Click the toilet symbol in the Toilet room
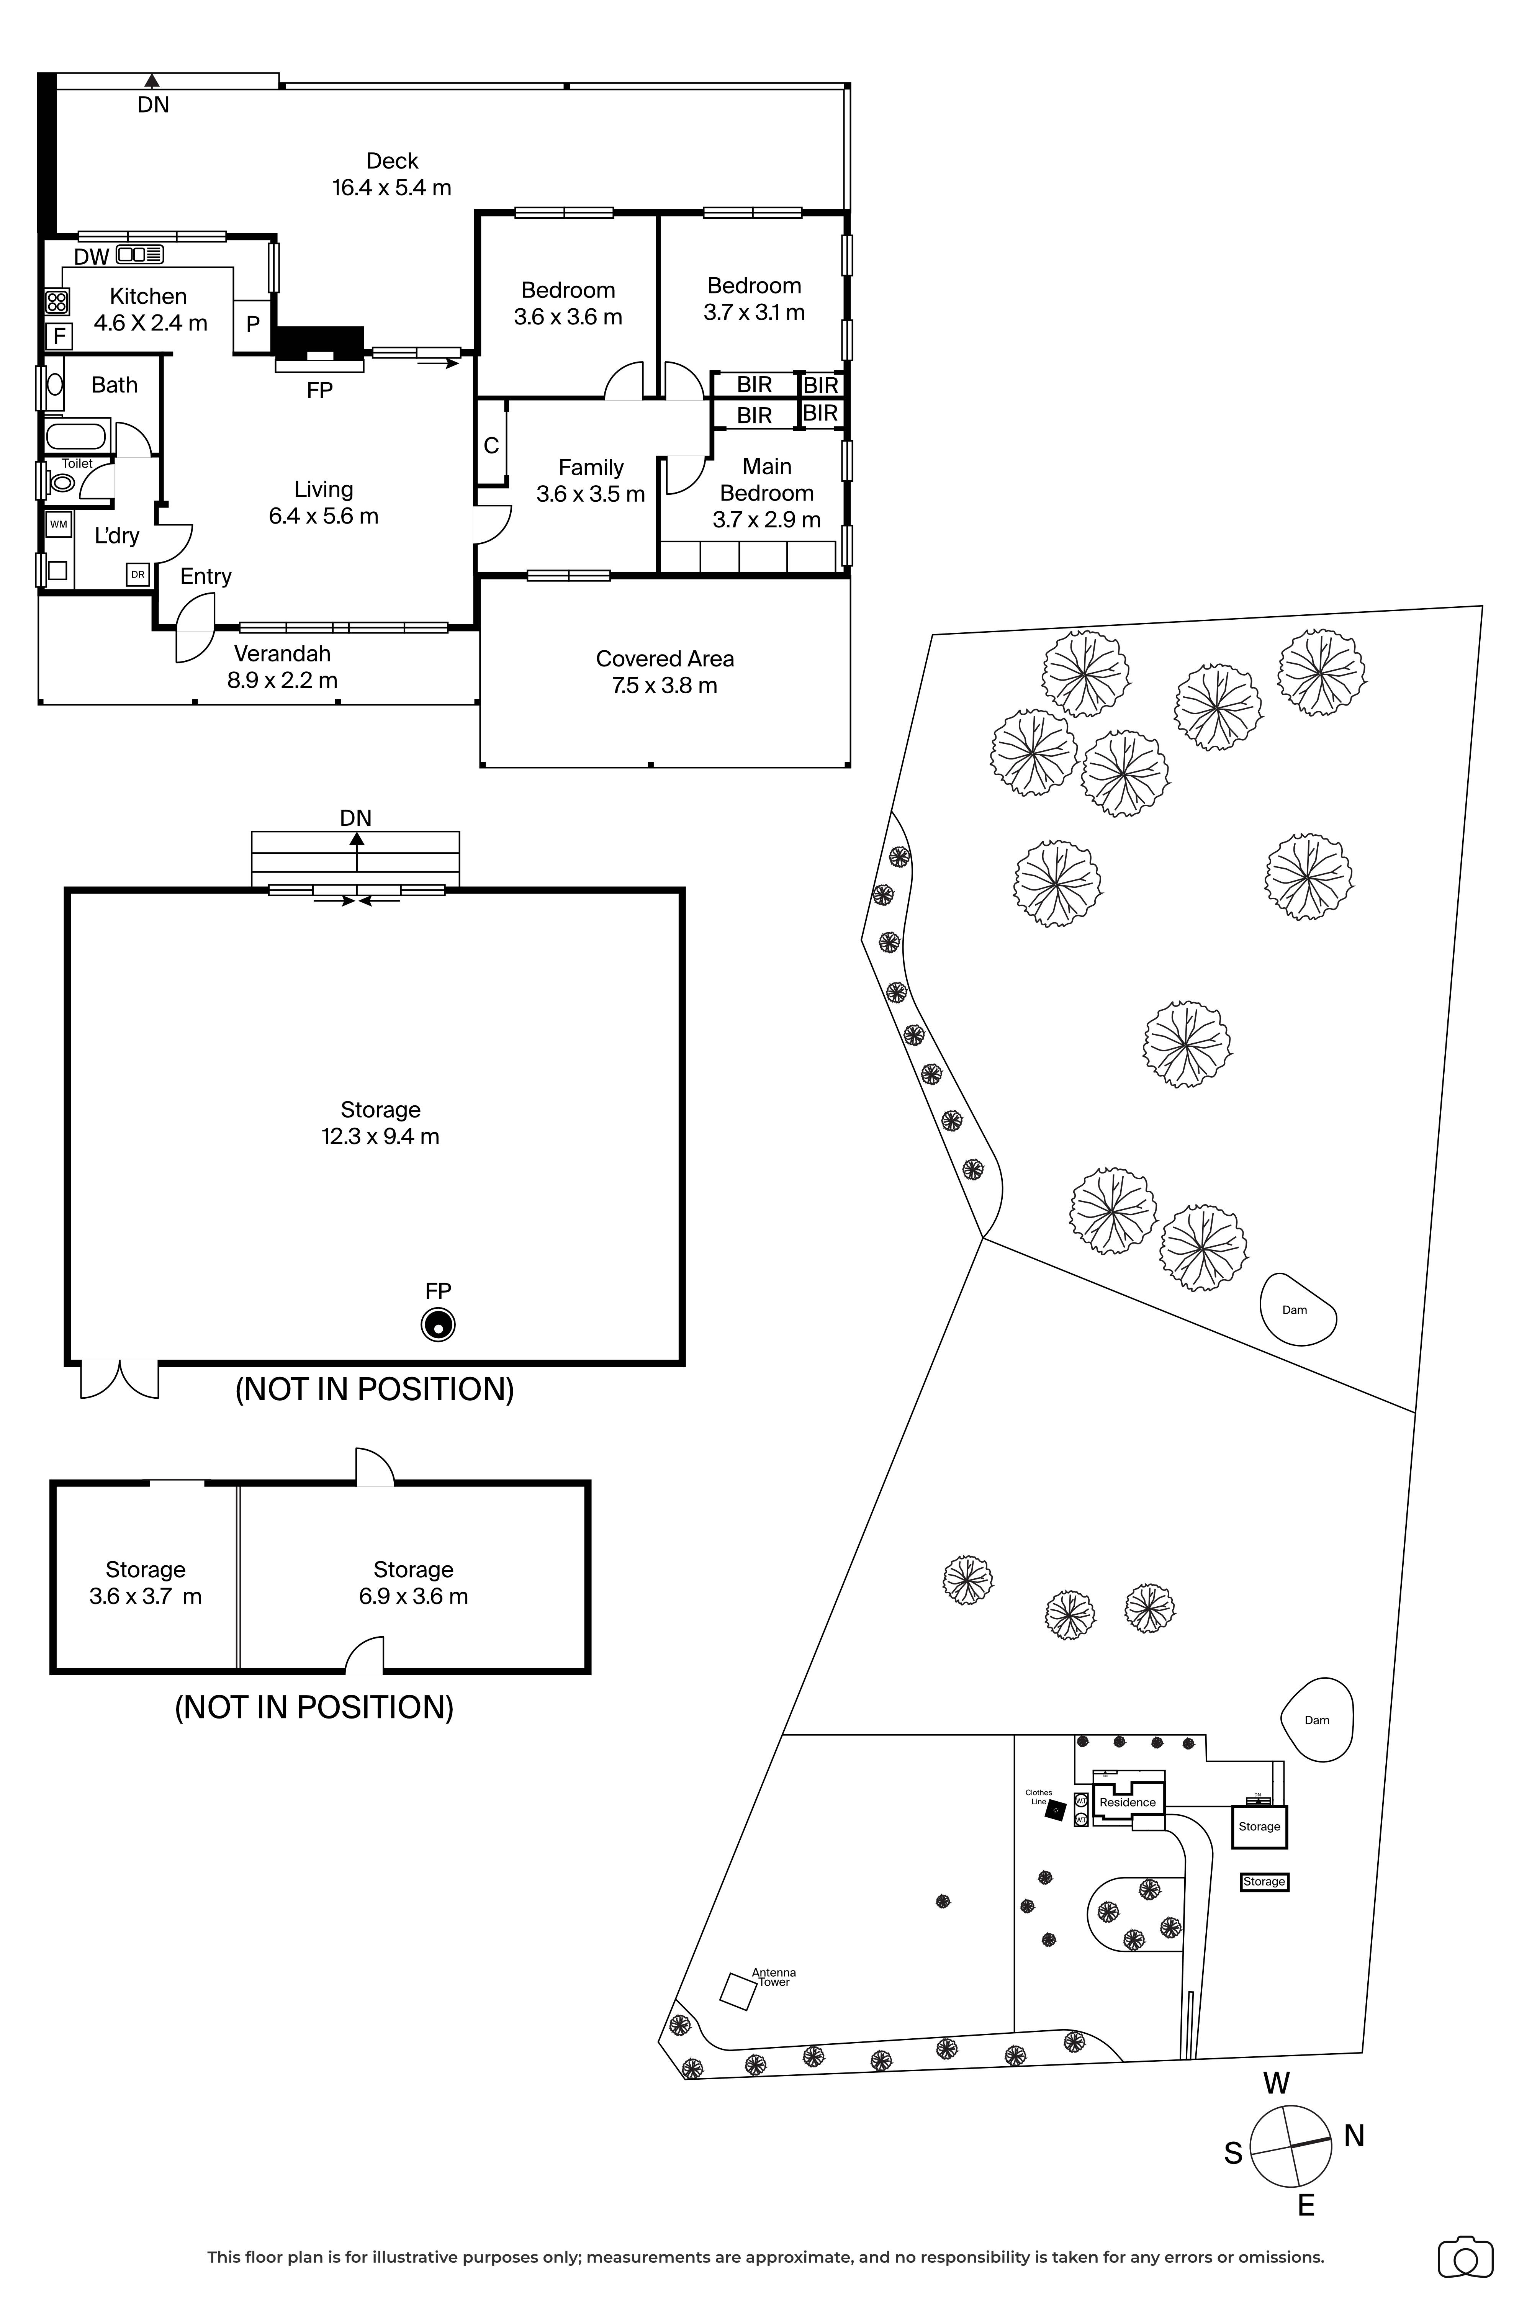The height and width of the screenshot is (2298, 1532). (62, 482)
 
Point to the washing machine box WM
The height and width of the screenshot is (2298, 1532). (59, 525)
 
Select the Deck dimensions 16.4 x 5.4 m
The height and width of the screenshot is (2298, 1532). (392, 188)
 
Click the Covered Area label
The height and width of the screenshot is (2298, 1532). (665, 658)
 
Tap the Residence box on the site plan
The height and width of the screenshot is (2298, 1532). (1128, 1803)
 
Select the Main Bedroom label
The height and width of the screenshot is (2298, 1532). (767, 480)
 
